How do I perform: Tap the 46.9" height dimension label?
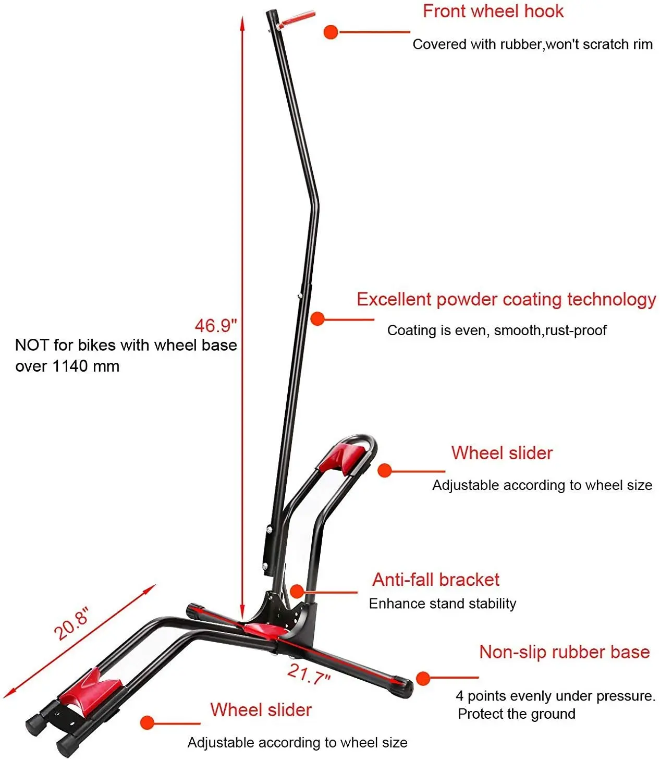216,326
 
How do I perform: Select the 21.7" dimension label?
309,674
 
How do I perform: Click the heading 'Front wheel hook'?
493,11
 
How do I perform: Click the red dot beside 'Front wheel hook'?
331,32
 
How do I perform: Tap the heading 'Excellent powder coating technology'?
506,299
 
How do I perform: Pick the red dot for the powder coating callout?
317,318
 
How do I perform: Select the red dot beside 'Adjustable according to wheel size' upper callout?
385,471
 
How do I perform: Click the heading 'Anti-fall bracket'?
435,580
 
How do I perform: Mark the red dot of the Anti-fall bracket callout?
297,591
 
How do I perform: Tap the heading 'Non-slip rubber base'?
564,652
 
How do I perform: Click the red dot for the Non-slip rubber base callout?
423,678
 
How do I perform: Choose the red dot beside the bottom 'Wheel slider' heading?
148,723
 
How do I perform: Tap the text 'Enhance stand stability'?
442,604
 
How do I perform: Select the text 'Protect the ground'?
516,714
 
